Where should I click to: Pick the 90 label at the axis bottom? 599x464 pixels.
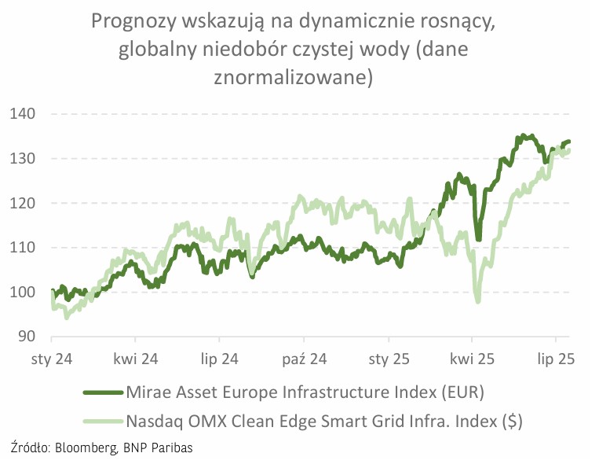click(x=27, y=337)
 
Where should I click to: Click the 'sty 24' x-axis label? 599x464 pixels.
click(x=52, y=360)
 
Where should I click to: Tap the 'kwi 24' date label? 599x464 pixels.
click(x=136, y=360)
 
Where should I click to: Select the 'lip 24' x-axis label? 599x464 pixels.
click(x=220, y=360)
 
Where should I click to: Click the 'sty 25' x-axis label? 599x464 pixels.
click(x=389, y=360)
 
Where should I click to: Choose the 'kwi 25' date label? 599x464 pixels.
click(x=473, y=360)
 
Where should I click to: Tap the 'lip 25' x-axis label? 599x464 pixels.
click(x=556, y=360)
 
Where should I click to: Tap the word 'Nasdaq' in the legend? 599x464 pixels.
click(x=159, y=421)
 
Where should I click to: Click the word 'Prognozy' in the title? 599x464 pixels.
click(x=134, y=21)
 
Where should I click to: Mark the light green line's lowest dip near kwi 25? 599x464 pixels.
click(x=477, y=300)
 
